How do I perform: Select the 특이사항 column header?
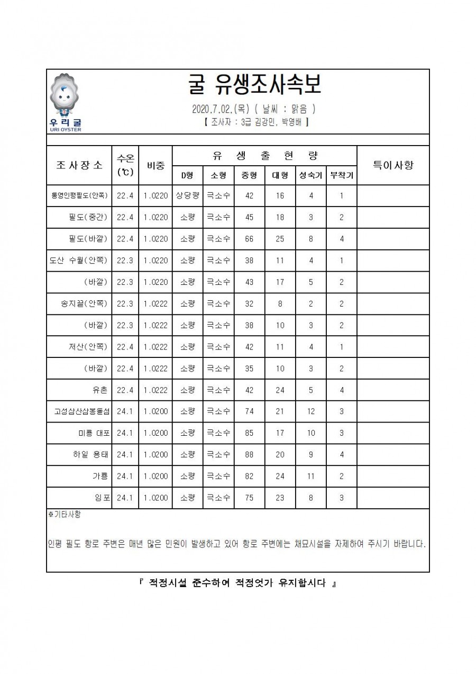[x=393, y=165]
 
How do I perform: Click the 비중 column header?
[x=155, y=165]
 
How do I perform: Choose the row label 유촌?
[x=100, y=390]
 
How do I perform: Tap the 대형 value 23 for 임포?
[x=280, y=498]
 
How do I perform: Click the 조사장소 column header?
[x=79, y=165]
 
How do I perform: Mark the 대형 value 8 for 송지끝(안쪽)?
[x=280, y=303]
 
